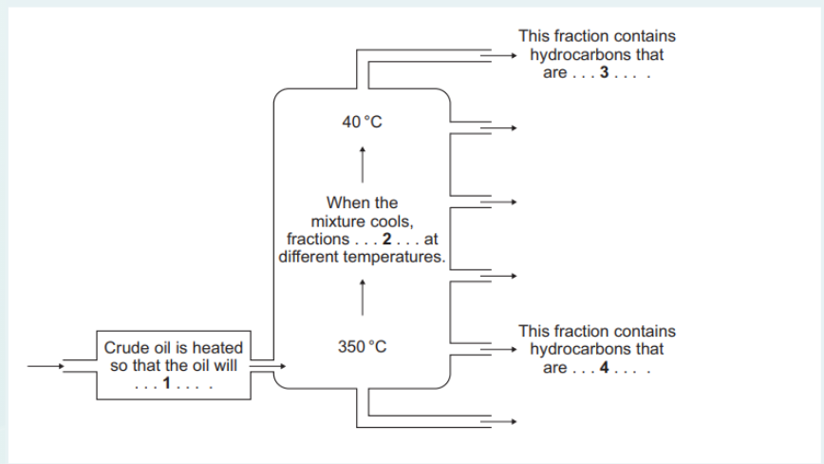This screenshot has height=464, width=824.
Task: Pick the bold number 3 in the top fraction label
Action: point(604,72)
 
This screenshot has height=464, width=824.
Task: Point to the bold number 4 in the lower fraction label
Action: point(604,368)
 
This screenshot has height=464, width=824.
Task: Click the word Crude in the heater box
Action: point(125,348)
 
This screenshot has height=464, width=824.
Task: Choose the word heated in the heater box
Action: point(219,348)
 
